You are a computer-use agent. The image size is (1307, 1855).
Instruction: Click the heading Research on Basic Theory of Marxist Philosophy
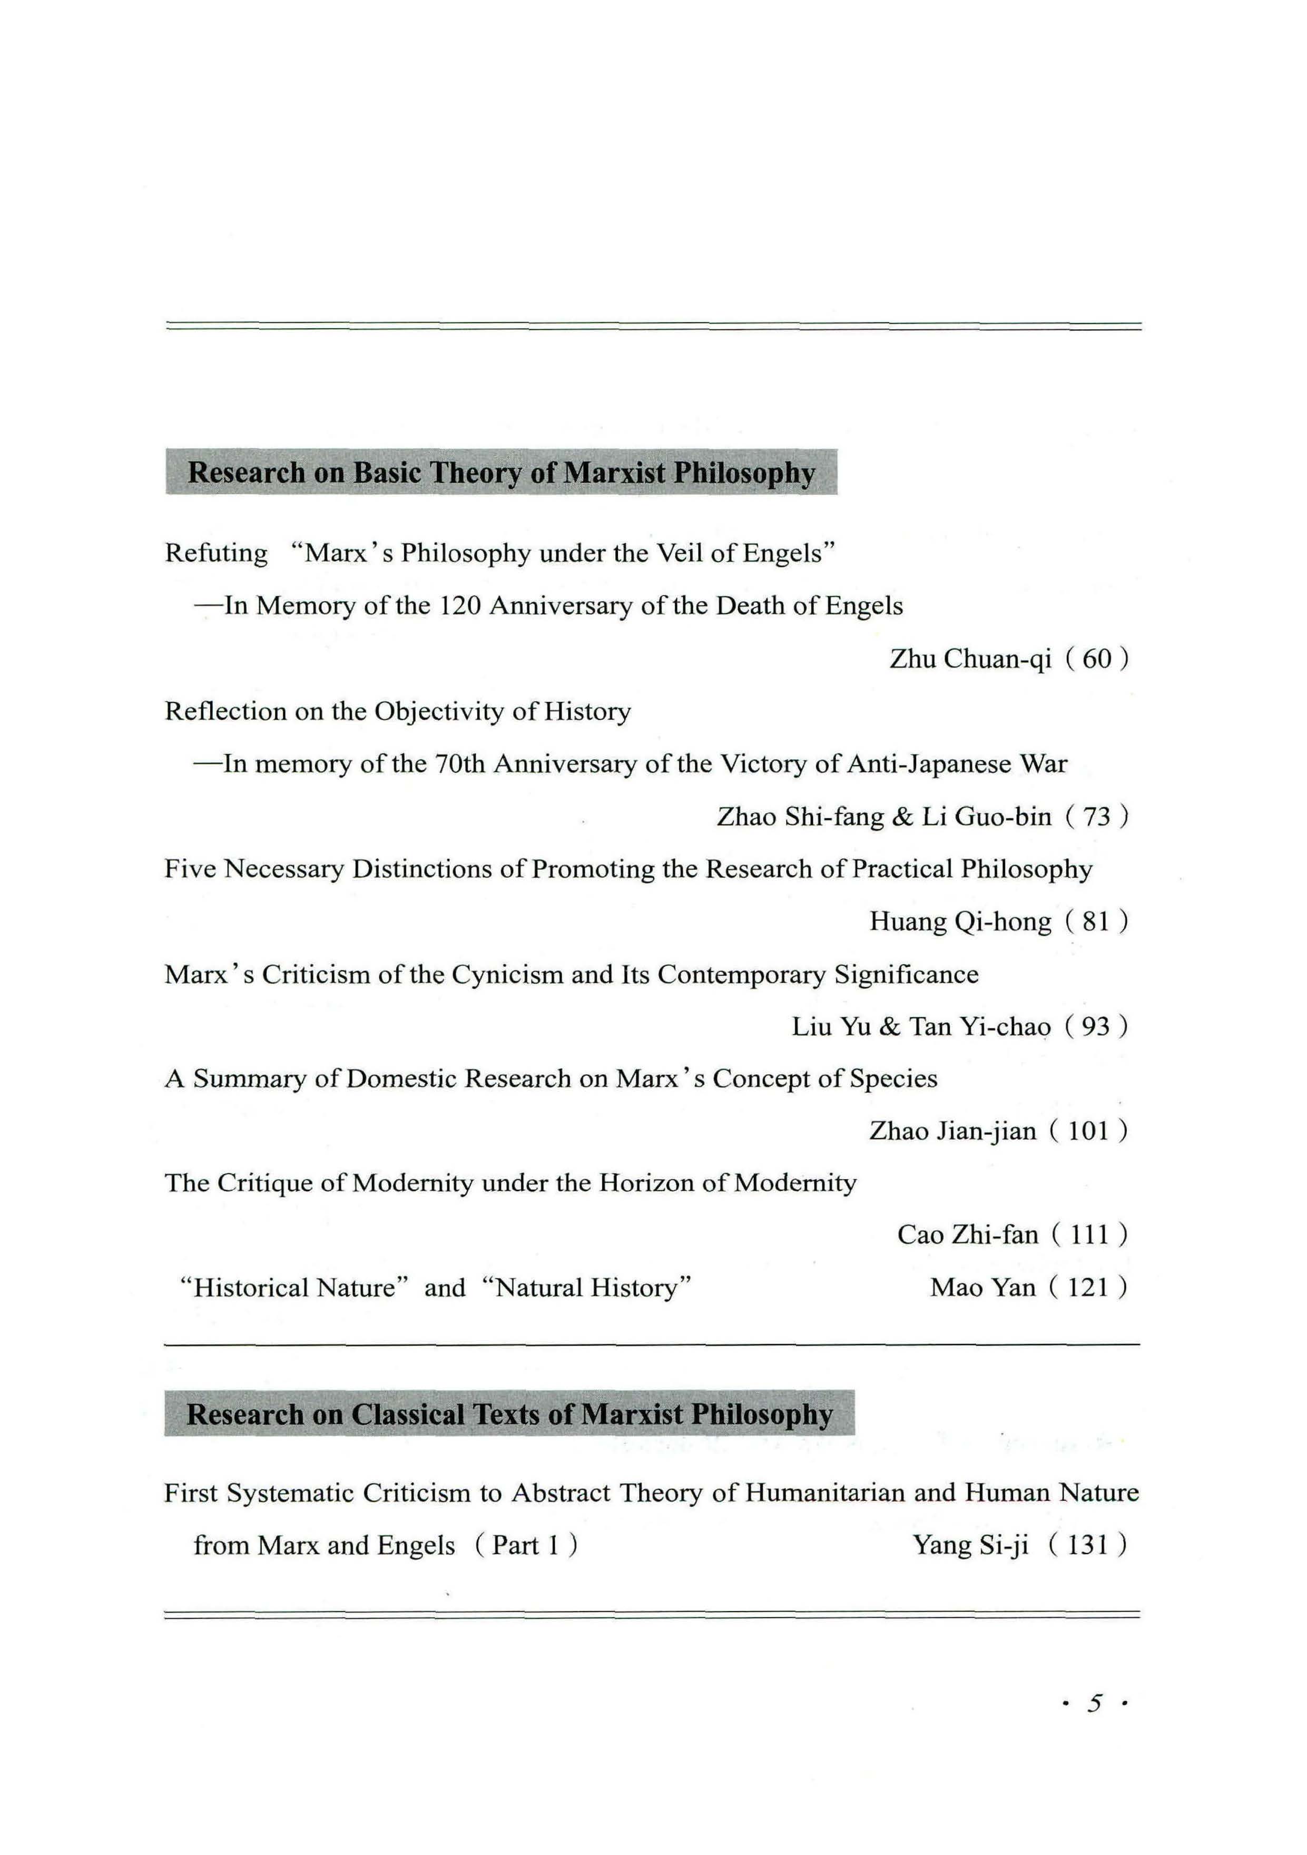click(x=501, y=473)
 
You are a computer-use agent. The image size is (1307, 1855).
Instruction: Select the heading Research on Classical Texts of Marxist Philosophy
click(x=509, y=1415)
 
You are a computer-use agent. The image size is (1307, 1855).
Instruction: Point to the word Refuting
click(x=215, y=553)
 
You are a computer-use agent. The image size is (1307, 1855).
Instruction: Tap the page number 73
click(x=1096, y=817)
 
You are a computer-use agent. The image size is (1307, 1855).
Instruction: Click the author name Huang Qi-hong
click(x=960, y=922)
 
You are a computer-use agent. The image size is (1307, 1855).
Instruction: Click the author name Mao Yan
click(x=982, y=1288)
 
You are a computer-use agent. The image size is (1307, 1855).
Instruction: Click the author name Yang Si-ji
click(x=970, y=1546)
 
